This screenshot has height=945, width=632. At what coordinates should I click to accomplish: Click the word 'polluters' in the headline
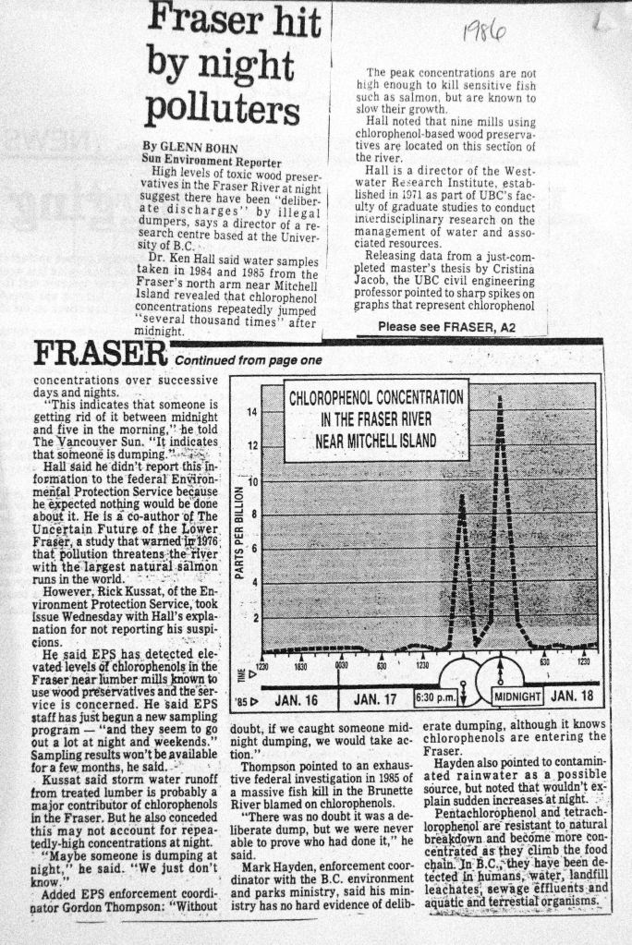point(223,110)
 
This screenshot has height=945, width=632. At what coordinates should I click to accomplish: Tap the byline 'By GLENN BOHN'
point(189,147)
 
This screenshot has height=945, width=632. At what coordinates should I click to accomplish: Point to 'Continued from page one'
point(248,360)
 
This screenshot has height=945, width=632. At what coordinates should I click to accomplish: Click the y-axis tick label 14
point(252,412)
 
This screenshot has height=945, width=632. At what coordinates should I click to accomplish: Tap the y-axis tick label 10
point(252,481)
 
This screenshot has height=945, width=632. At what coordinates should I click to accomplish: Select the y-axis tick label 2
point(253,617)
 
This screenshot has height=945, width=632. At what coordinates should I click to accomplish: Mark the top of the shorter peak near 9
point(461,496)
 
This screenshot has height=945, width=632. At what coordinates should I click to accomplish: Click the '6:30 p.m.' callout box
point(432,696)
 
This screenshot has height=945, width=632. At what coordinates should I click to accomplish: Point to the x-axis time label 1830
point(301,665)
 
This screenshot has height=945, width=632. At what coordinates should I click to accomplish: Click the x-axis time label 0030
point(341,665)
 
